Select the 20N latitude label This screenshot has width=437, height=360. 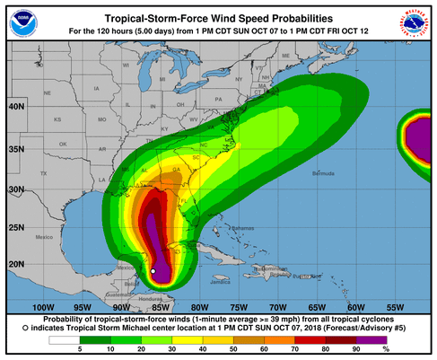14,263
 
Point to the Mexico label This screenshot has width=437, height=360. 45,237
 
